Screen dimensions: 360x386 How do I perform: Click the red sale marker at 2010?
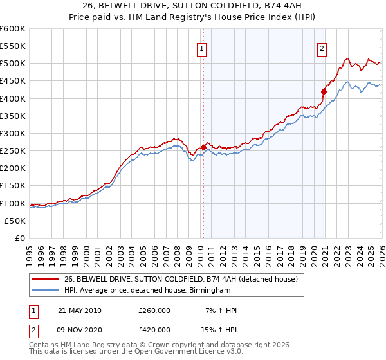click(x=204, y=147)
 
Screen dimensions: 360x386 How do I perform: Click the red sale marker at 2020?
click(x=324, y=91)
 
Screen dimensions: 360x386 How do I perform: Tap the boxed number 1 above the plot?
click(x=202, y=47)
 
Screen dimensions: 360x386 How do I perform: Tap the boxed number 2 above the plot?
click(x=322, y=47)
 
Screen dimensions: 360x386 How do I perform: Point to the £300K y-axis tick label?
click(x=13, y=134)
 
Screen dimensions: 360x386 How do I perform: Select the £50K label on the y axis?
click(x=15, y=221)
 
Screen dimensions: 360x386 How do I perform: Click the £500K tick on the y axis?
click(x=13, y=64)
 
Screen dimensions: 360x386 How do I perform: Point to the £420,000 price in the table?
click(x=154, y=329)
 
